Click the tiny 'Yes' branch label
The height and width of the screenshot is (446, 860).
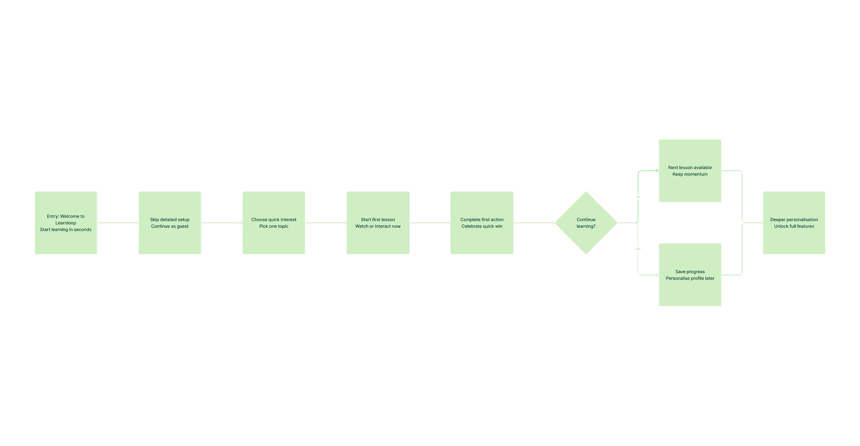point(638,197)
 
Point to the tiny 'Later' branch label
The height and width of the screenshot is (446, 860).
point(638,249)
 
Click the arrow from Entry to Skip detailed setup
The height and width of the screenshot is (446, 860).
point(118,223)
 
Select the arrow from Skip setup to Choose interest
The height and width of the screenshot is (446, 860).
point(222,223)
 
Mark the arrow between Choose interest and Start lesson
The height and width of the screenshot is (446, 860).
point(326,223)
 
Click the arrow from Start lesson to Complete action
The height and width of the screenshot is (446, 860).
point(430,223)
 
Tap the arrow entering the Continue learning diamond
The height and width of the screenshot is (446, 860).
point(534,223)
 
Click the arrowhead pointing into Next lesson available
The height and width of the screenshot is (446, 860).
point(657,171)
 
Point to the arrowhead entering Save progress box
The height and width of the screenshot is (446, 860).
point(657,275)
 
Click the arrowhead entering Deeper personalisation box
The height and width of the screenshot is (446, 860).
point(761,223)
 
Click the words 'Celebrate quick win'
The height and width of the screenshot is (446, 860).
point(482,226)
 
